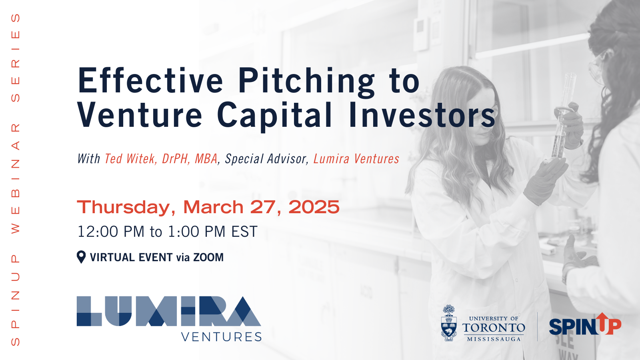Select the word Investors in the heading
422,114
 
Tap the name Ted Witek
130,159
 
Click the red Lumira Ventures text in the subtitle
356,159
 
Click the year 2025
314,207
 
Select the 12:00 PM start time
111,232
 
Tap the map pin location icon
81,257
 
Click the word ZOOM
208,258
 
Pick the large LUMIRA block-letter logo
168,311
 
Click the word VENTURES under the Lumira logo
222,337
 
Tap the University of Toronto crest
449,323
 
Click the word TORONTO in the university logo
494,328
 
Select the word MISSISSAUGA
494,339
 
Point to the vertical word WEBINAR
16,178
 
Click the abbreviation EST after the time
244,232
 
